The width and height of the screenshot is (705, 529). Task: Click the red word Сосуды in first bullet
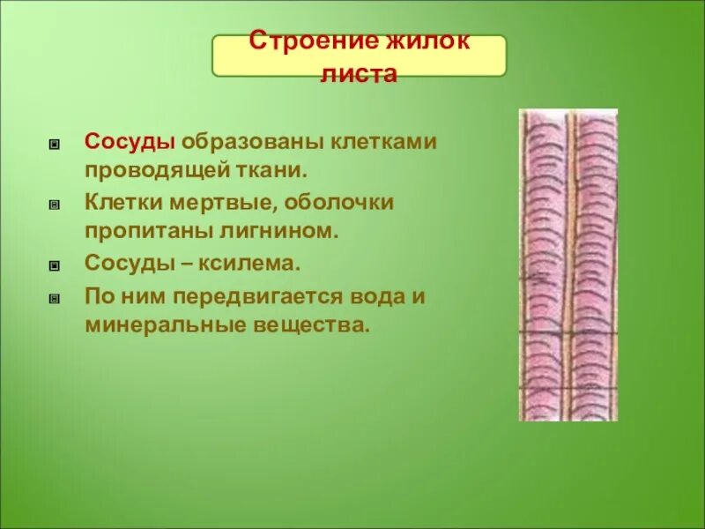pos(128,141)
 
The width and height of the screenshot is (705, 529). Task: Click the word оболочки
pos(339,203)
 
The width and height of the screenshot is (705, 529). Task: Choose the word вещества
pos(309,324)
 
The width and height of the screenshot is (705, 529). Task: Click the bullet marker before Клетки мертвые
pos(55,204)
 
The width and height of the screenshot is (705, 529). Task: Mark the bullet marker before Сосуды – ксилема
pos(55,264)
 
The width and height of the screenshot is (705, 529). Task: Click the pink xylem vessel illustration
pos(568,264)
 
